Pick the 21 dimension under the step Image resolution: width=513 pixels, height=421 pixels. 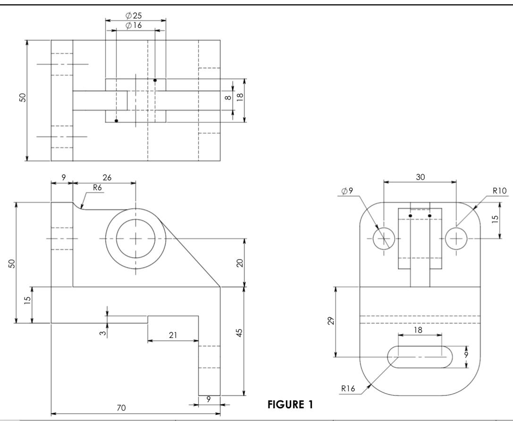point(173,335)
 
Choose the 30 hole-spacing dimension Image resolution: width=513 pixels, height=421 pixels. point(420,177)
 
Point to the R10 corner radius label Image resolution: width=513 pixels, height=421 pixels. point(499,190)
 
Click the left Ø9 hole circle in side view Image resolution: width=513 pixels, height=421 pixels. point(384,239)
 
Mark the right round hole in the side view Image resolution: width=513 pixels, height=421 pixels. point(456,239)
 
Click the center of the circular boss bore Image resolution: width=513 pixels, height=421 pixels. point(135,239)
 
